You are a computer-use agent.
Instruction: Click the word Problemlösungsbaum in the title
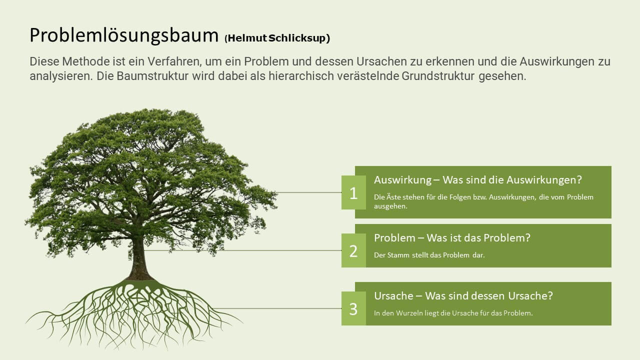click(x=124, y=35)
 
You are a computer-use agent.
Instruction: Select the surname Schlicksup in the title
click(x=297, y=38)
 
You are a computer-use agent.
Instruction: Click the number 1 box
click(x=353, y=192)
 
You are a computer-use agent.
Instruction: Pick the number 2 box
click(x=353, y=250)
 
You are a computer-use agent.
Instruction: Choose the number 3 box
click(x=353, y=308)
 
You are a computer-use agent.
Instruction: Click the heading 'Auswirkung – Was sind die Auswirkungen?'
click(x=477, y=180)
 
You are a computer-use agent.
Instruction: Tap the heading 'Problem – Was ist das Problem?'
click(x=452, y=237)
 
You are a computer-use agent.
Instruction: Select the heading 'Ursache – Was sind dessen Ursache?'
click(x=463, y=295)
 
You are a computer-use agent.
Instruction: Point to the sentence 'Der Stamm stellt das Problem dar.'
click(x=429, y=255)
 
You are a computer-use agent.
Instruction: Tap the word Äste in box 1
click(x=393, y=197)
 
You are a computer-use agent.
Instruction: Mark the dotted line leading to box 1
click(x=308, y=192)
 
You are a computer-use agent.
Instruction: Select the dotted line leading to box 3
click(x=277, y=308)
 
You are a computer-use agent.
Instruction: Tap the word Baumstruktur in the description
click(x=152, y=76)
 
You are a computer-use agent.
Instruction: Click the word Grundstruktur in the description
click(x=437, y=76)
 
